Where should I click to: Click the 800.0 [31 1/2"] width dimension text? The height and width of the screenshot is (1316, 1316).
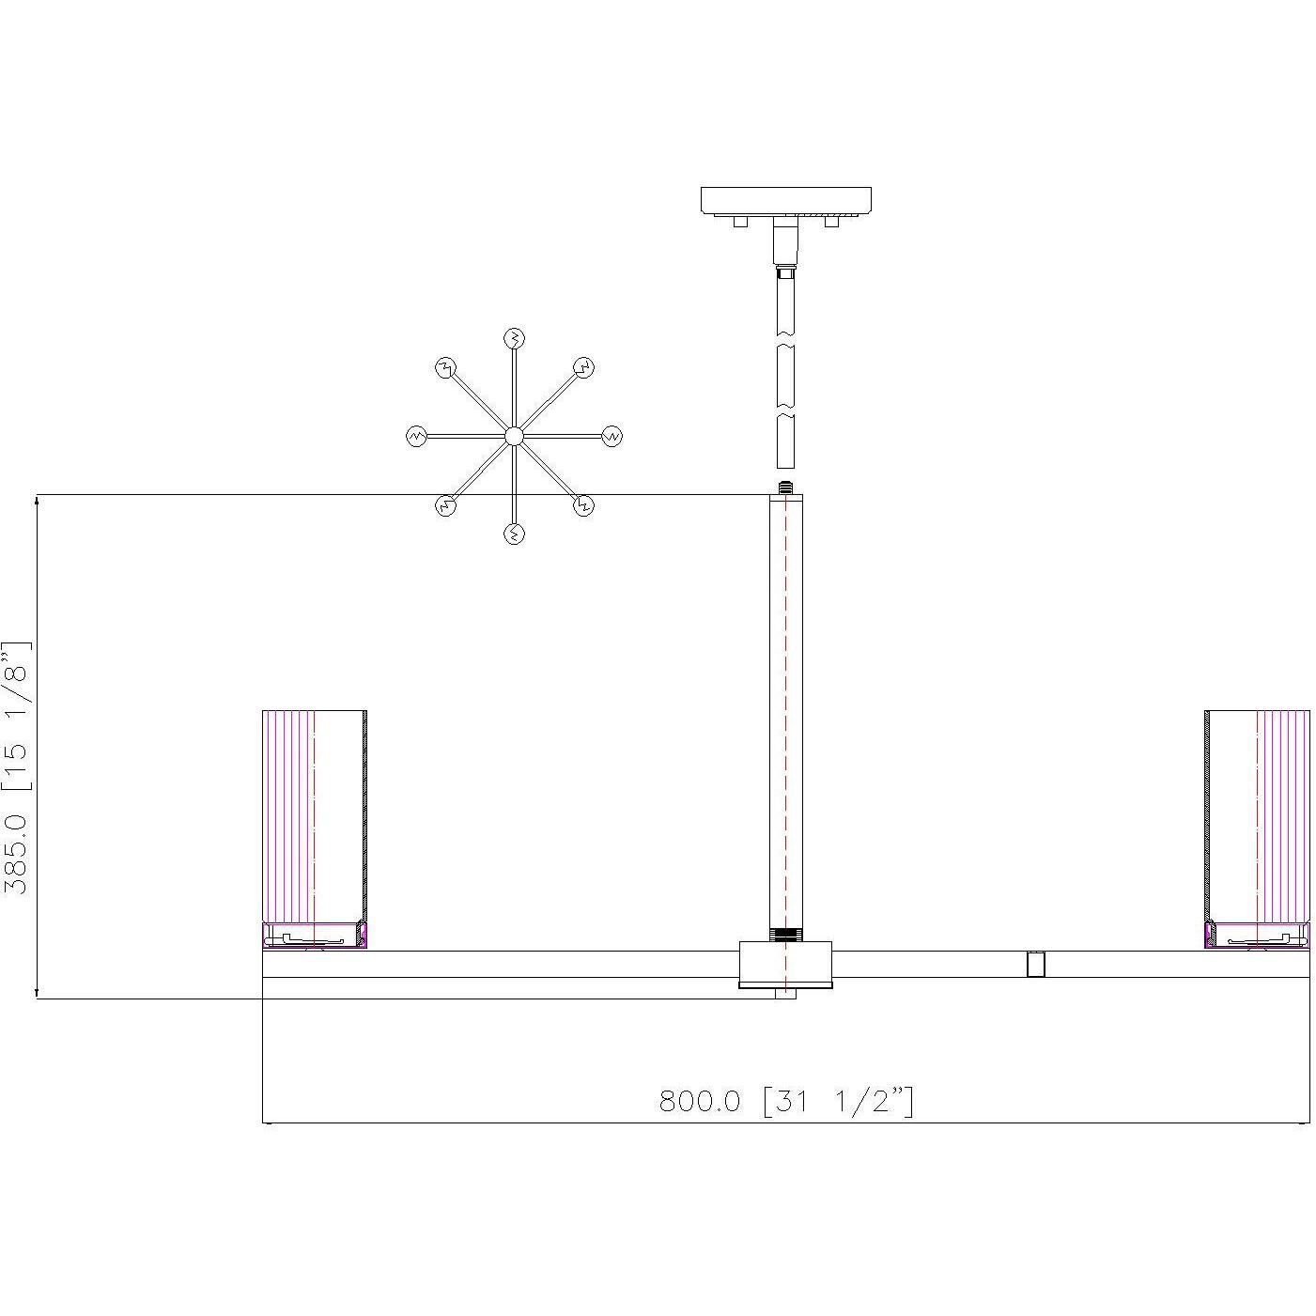[785, 1100]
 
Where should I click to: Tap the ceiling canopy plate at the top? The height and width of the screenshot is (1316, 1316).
[785, 200]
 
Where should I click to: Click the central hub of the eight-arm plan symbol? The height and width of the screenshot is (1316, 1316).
[514, 436]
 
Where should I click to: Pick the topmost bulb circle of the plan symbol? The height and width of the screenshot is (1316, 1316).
[514, 337]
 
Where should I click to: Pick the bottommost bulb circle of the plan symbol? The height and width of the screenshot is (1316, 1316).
[514, 534]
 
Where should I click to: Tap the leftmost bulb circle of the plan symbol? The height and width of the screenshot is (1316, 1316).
[416, 436]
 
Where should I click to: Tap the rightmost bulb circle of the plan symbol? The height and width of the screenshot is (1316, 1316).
[612, 436]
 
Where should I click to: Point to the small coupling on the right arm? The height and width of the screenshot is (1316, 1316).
[1035, 965]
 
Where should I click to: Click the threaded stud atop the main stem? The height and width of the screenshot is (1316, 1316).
[785, 488]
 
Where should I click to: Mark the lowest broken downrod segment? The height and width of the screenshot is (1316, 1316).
[785, 442]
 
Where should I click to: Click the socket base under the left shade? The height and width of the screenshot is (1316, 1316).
[314, 936]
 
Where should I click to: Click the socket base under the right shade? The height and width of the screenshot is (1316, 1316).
[1257, 936]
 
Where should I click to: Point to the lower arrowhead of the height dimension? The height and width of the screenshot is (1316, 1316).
[37, 992]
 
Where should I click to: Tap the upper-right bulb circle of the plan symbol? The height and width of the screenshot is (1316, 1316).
[583, 367]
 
